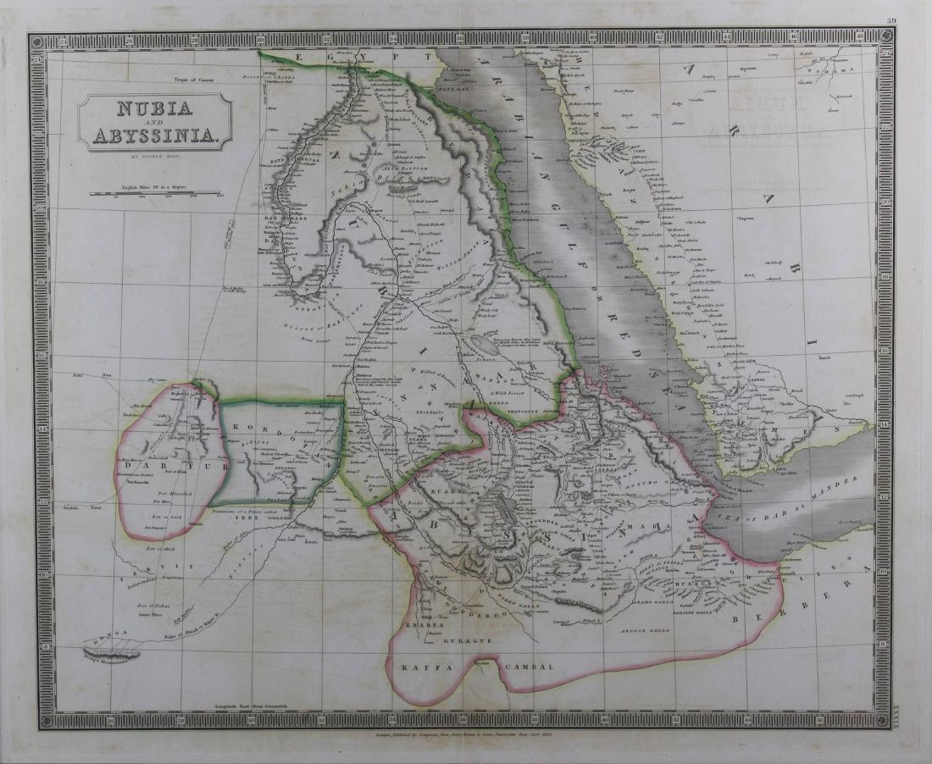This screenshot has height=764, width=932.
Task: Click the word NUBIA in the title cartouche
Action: pyautogui.click(x=155, y=108)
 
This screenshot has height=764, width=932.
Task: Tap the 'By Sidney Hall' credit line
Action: pyautogui.click(x=155, y=157)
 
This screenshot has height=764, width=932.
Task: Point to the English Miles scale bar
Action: pyautogui.click(x=155, y=194)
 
